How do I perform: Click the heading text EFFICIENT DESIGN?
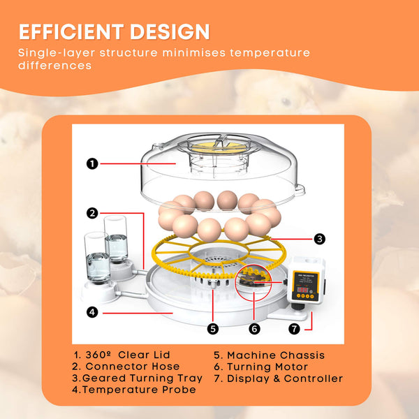[x=114, y=31]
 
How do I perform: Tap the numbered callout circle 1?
[x=91, y=163]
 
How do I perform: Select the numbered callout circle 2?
[x=91, y=212]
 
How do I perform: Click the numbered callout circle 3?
[x=318, y=239]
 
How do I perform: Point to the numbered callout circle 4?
[x=91, y=312]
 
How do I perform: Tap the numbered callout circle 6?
[x=254, y=328]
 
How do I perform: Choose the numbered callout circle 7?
[x=294, y=328]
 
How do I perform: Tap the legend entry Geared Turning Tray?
[x=138, y=378]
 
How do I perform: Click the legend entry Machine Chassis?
[x=269, y=355]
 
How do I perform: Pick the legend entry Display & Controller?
[x=278, y=378]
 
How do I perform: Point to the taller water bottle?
[x=116, y=239]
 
